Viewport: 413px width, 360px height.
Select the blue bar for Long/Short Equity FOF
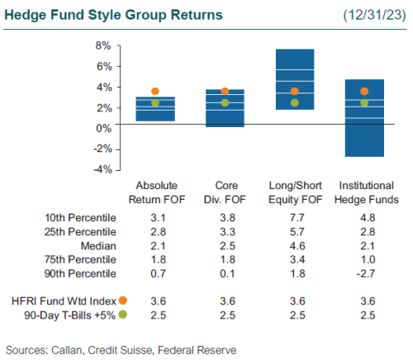tap(294, 79)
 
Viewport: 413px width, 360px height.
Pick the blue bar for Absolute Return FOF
tap(155, 109)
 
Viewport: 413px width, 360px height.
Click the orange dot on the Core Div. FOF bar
tap(225, 92)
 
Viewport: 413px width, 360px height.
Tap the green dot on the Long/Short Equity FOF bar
tap(294, 103)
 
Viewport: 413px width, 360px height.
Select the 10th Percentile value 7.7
tap(294, 217)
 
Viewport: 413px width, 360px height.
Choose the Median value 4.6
tap(294, 245)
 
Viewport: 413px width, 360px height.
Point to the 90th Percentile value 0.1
tap(225, 273)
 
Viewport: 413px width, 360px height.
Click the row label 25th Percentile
tap(80, 231)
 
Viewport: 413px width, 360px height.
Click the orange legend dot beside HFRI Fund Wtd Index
tap(123, 301)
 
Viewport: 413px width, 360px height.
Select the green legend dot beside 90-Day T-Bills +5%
tap(123, 315)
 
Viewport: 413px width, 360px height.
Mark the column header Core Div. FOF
tap(225, 192)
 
